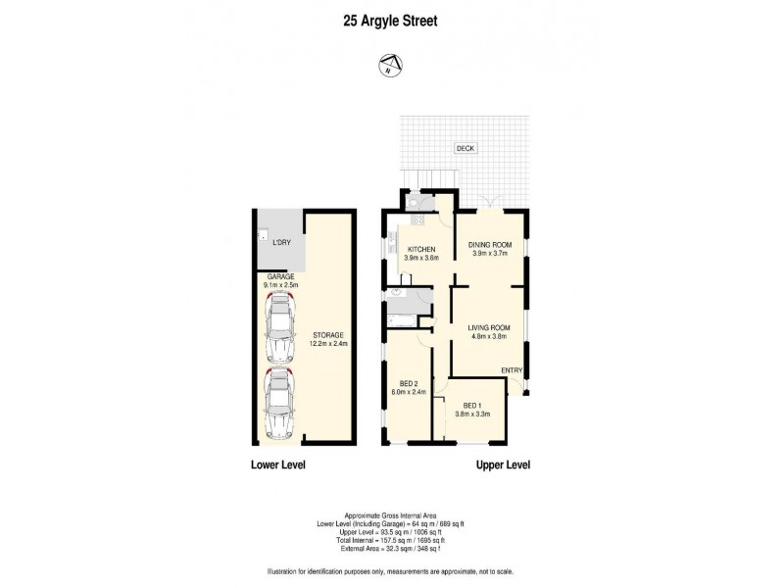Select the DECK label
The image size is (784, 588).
coord(465,149)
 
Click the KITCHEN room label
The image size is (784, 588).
coord(422,250)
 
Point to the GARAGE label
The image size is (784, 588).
coord(282,277)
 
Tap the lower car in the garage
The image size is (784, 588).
coord(281,404)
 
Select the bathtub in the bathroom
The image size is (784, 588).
coord(403,314)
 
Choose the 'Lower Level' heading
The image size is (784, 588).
coord(278,465)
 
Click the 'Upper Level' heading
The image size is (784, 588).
coord(503,465)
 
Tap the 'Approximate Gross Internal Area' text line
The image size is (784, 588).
coord(391,515)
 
